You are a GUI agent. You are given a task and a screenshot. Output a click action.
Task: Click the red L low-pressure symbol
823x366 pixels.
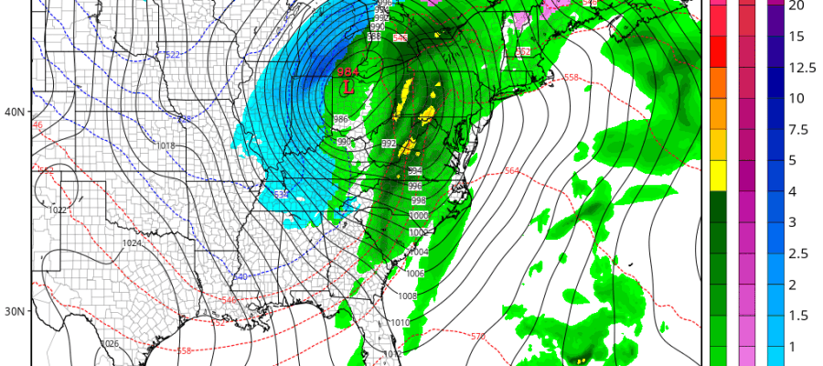[349, 87]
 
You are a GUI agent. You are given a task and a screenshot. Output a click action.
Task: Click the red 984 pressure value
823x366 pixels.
[347, 72]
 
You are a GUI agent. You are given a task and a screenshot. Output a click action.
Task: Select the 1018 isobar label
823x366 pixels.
[166, 145]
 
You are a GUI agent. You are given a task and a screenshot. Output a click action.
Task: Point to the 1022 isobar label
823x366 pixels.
[57, 210]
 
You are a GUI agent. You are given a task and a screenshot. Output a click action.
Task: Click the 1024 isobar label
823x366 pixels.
[132, 242]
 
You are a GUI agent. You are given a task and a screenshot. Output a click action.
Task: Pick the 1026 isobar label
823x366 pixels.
[110, 343]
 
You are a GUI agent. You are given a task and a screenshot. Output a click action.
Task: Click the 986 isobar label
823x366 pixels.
[340, 119]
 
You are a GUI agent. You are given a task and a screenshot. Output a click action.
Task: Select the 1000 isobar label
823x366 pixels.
[419, 215]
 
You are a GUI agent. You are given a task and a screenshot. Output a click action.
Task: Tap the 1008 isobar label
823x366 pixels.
[407, 296]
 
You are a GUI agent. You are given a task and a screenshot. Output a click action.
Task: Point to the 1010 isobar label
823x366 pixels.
[401, 323]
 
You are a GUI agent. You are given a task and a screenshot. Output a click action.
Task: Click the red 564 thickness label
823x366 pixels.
[511, 170]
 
